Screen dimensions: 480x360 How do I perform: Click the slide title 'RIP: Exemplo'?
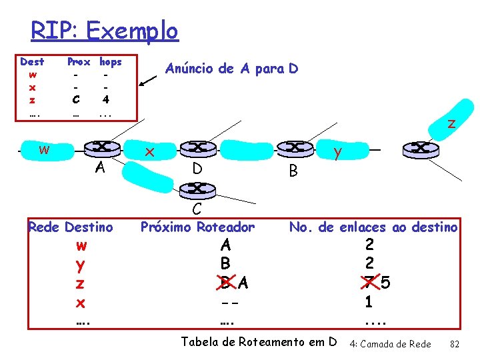tap(105, 31)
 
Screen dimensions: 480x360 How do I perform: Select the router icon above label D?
tap(197, 148)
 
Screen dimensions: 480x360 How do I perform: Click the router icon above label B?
tap(291, 148)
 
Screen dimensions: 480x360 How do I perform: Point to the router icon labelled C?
tap(197, 188)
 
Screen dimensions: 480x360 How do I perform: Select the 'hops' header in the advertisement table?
tap(110, 61)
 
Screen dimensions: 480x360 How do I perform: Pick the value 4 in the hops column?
tap(105, 99)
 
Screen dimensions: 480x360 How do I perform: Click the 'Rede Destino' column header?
tap(70, 227)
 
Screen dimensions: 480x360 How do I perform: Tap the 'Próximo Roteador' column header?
tap(197, 227)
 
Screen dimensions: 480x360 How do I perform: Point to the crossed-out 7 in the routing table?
tap(365, 283)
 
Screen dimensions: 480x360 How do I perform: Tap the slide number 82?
tap(455, 344)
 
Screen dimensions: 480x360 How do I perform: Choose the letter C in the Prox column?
tap(76, 99)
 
